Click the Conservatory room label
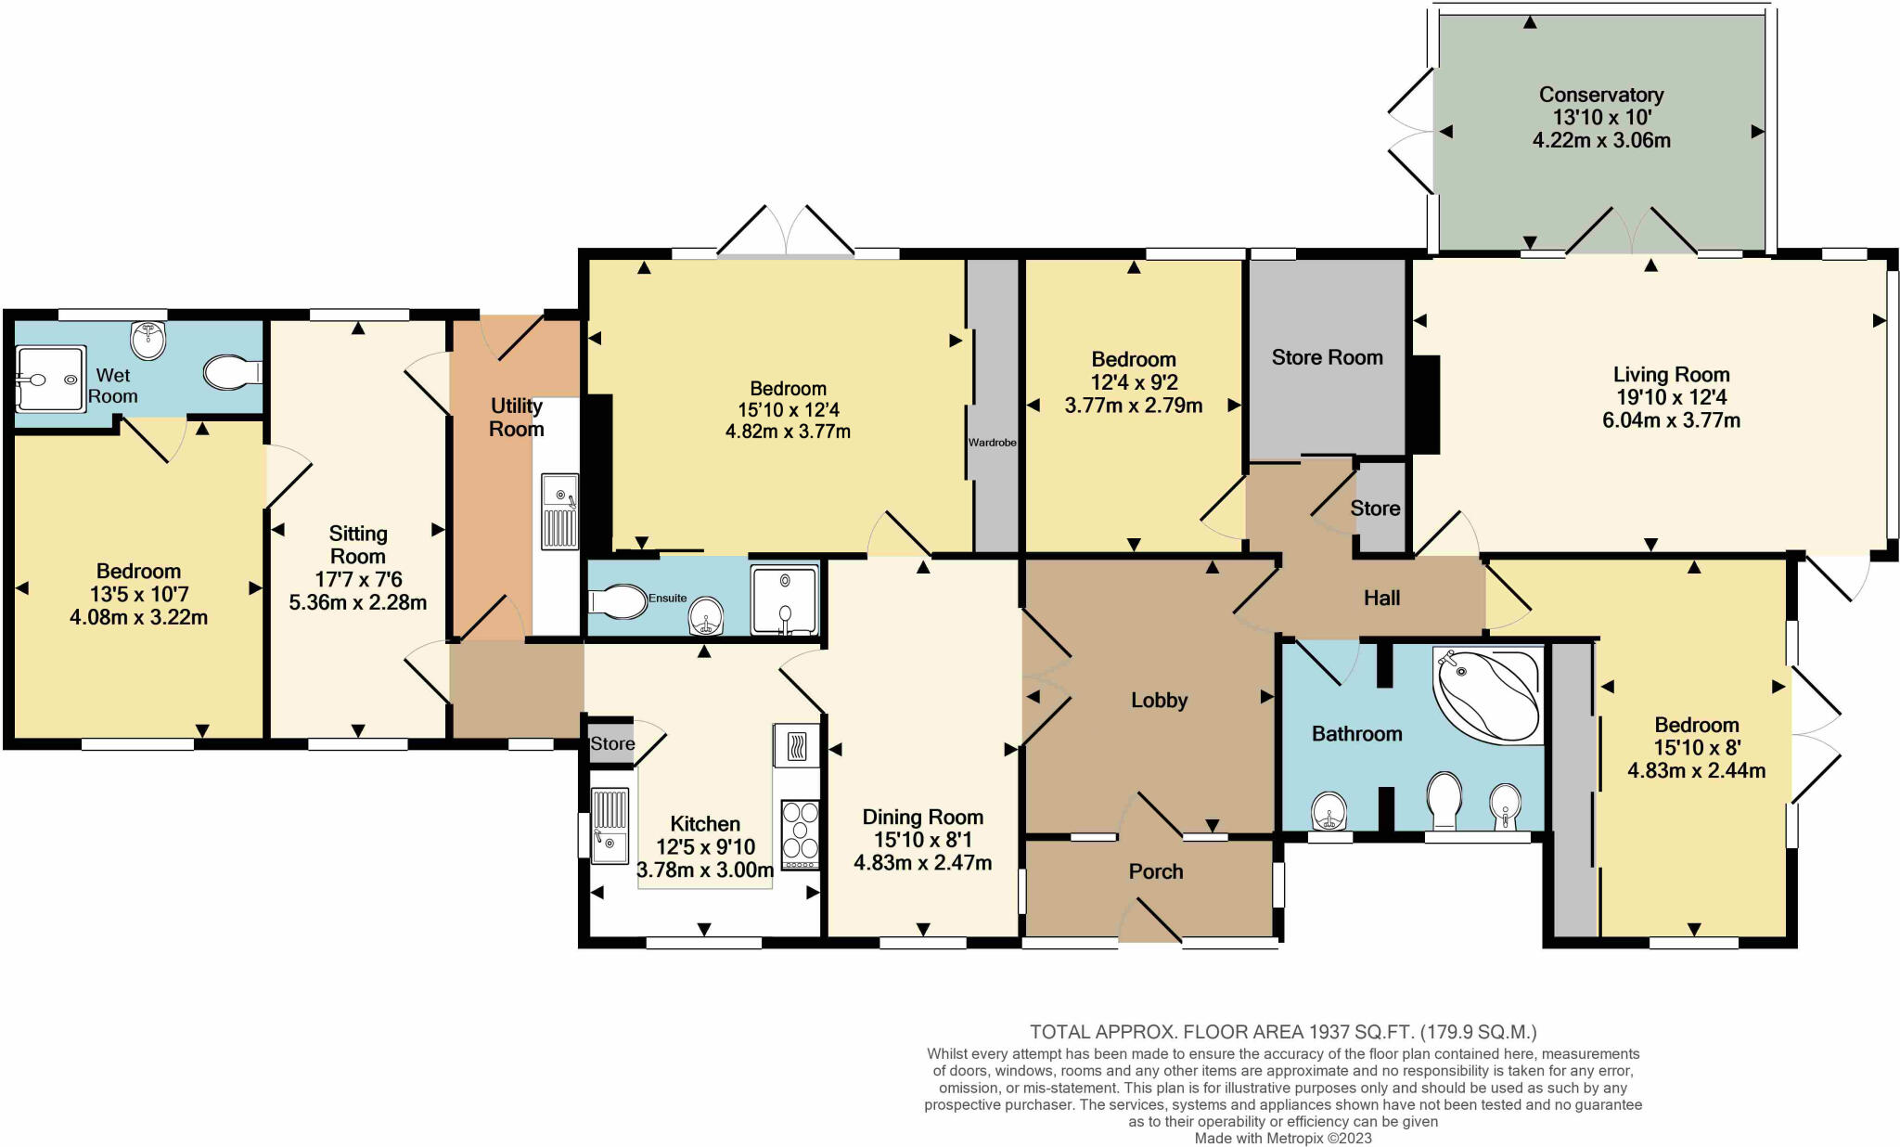[x=1601, y=95]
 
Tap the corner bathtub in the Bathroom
[x=1487, y=694]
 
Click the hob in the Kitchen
[x=801, y=834]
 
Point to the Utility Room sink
[x=560, y=510]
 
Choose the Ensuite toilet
[x=618, y=601]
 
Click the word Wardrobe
[x=993, y=443]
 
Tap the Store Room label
[x=1327, y=357]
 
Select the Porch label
[x=1156, y=871]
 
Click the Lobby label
[x=1160, y=701]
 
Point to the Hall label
[x=1381, y=599]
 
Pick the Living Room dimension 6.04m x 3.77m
[x=1671, y=420]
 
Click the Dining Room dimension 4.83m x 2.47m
[x=922, y=863]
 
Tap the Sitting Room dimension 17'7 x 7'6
[x=358, y=580]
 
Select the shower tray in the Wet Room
[x=51, y=379]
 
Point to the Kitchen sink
[x=610, y=825]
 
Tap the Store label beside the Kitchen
[x=612, y=743]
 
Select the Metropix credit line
[x=1283, y=1138]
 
